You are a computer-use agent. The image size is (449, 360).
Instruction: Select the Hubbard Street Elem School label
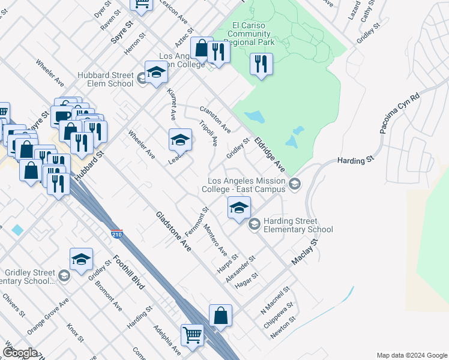[105, 79]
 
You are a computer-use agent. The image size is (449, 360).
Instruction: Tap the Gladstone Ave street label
[173, 231]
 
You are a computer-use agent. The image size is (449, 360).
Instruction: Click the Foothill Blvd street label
[128, 273]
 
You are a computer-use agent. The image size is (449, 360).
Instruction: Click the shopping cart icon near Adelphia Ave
[192, 335]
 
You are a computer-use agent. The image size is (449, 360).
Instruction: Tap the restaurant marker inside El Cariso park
[261, 65]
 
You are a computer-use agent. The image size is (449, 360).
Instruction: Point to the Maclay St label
[304, 253]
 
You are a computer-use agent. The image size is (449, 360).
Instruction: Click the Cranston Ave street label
[215, 120]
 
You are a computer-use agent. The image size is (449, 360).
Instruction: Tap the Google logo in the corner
[20, 353]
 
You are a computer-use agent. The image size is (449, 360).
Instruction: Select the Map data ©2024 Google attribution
[411, 355]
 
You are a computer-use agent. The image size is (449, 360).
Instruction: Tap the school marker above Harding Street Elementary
[238, 208]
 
